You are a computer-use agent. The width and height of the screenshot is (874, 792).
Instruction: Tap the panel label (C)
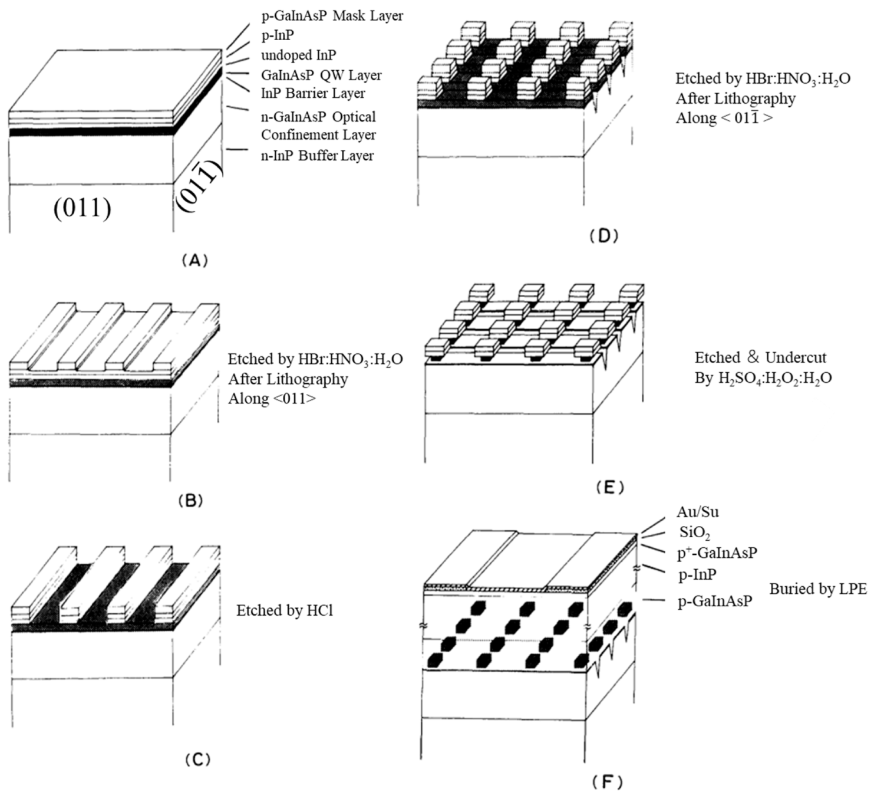pyautogui.click(x=197, y=760)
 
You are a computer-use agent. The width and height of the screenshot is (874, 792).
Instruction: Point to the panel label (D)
pyautogui.click(x=603, y=236)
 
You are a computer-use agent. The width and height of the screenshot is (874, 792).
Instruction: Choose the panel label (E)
pyautogui.click(x=609, y=487)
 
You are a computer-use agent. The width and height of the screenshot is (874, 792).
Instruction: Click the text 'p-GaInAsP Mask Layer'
pyautogui.click(x=332, y=16)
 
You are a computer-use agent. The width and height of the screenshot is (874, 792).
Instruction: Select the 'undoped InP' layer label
pyautogui.click(x=298, y=55)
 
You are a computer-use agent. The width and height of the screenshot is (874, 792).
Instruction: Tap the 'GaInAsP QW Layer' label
pyautogui.click(x=321, y=75)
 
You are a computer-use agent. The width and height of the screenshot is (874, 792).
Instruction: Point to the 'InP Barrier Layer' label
pyautogui.click(x=313, y=93)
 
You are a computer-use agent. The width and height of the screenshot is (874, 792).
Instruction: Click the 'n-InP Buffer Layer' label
pyautogui.click(x=317, y=156)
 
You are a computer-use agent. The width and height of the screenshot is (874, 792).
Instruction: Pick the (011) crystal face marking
pyautogui.click(x=82, y=208)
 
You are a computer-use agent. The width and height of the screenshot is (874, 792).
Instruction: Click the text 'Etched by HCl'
pyautogui.click(x=284, y=610)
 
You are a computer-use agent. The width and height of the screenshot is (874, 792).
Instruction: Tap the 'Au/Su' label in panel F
pyautogui.click(x=697, y=512)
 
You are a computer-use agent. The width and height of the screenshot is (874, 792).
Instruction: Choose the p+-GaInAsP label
pyautogui.click(x=717, y=553)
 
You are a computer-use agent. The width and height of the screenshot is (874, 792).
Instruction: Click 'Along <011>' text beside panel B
pyautogui.click(x=272, y=399)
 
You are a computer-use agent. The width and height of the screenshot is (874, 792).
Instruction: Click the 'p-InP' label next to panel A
pyautogui.click(x=277, y=36)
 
